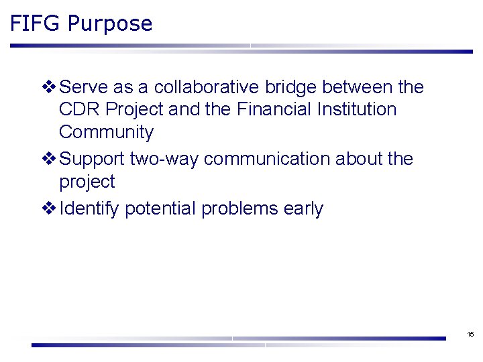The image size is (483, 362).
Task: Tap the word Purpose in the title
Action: pyautogui.click(x=110, y=25)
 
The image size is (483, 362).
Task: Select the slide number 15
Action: pyautogui.click(x=470, y=334)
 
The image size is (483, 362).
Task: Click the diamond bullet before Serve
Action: pyautogui.click(x=49, y=87)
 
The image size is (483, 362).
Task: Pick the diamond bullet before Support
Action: pyautogui.click(x=49, y=159)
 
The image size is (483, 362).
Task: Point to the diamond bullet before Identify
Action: pyautogui.click(x=49, y=208)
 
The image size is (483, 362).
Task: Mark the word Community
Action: pyautogui.click(x=106, y=133)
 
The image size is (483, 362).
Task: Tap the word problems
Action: pyautogui.click(x=239, y=209)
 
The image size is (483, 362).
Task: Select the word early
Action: pyautogui.click(x=303, y=209)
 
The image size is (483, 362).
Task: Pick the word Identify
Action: pyautogui.click(x=89, y=209)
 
